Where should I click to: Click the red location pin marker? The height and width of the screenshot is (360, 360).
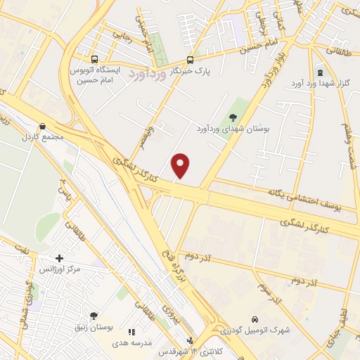tap(181, 166)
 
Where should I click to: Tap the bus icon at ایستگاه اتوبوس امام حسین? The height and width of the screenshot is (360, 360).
tap(95, 60)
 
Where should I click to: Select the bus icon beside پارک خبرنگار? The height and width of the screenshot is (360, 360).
tap(191, 60)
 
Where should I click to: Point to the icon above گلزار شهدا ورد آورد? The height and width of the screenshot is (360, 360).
tap(321, 72)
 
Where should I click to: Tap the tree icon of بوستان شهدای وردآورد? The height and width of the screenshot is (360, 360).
tap(233, 118)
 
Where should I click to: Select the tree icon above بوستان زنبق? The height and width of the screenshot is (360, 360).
tap(94, 316)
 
